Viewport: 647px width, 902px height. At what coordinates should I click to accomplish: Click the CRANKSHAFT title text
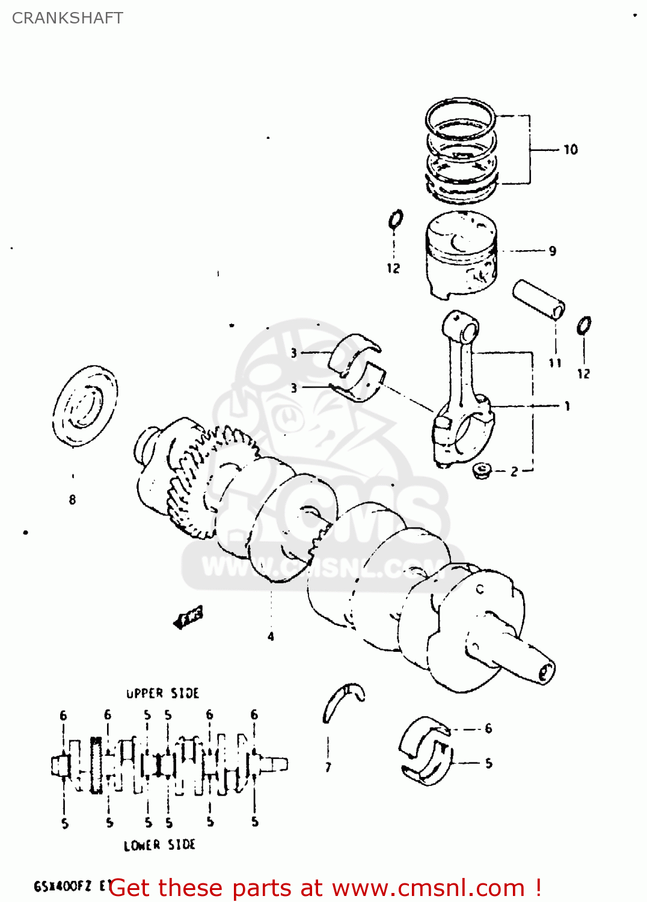pyautogui.click(x=67, y=18)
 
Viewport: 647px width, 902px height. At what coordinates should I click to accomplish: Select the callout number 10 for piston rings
pyautogui.click(x=570, y=150)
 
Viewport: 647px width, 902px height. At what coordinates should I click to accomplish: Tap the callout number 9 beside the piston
pyautogui.click(x=552, y=251)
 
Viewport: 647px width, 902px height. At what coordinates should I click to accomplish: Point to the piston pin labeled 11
pyautogui.click(x=539, y=299)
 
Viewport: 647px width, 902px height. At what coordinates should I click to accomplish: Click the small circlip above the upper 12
pyautogui.click(x=395, y=220)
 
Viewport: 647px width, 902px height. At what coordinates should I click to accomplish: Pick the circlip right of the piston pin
pyautogui.click(x=583, y=326)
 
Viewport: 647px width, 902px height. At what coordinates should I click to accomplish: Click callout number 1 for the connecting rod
pyautogui.click(x=566, y=407)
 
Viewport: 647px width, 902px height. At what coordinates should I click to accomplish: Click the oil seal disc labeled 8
pyautogui.click(x=85, y=407)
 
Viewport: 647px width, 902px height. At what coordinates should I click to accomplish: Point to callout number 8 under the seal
pyautogui.click(x=72, y=500)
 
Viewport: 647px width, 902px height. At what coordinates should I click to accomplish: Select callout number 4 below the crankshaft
pyautogui.click(x=271, y=636)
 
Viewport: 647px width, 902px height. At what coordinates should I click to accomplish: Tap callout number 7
pyautogui.click(x=328, y=767)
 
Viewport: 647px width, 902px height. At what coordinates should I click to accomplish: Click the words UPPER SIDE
pyautogui.click(x=162, y=693)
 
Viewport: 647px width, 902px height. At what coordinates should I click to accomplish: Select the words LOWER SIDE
pyautogui.click(x=159, y=845)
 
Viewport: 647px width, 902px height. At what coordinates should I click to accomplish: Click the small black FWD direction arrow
pyautogui.click(x=188, y=618)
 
